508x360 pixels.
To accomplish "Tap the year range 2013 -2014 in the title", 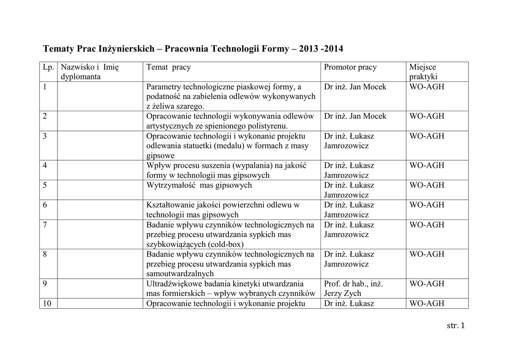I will [321, 50].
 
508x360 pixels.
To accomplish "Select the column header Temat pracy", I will [169, 67].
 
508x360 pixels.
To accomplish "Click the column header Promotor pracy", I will [350, 67].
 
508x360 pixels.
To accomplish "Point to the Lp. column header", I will [49, 67].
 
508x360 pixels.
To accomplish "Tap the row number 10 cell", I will [48, 304].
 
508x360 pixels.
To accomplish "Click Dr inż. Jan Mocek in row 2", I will [355, 116].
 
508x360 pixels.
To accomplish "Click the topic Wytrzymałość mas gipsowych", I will [199, 185].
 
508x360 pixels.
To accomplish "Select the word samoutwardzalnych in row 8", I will [180, 274].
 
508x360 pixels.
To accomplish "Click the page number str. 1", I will [455, 326].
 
